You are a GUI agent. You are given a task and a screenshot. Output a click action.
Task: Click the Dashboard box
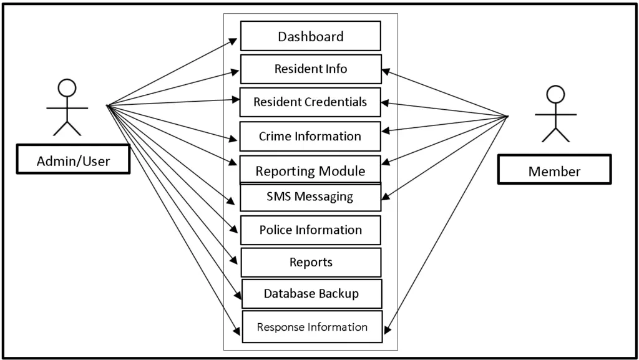coord(310,36)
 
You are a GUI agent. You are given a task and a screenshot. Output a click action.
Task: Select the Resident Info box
coord(311,69)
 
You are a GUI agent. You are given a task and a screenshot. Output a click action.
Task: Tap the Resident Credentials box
coord(310,102)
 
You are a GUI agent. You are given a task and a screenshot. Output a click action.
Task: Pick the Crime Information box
coord(310,136)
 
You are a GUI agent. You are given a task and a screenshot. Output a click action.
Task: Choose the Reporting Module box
coord(310,170)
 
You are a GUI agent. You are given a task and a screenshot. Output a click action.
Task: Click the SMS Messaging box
coord(310,197)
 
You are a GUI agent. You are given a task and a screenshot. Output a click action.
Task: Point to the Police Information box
coord(310,230)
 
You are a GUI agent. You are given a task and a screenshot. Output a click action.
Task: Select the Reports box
coord(311,263)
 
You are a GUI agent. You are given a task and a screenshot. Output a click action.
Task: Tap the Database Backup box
coord(311,294)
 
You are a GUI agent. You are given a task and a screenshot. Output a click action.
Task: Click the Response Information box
coord(312,327)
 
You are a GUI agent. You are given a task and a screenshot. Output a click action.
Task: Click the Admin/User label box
coord(73,160)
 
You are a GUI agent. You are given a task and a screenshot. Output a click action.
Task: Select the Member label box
coord(554,170)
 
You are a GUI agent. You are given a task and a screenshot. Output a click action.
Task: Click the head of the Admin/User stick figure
coord(67,88)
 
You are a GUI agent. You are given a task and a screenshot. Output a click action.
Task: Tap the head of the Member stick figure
coord(555,94)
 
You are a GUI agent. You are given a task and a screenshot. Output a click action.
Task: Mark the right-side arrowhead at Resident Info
coord(386,72)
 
